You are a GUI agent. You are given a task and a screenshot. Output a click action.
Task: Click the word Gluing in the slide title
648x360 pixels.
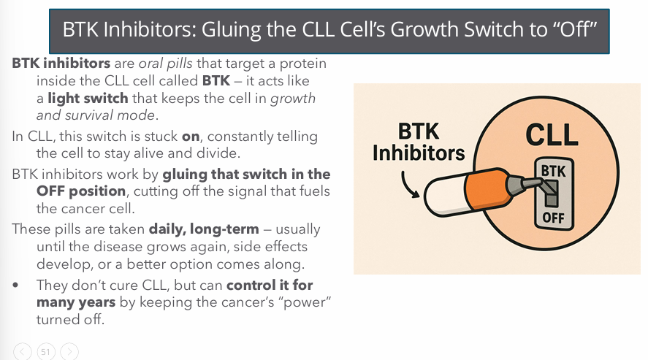click(x=227, y=31)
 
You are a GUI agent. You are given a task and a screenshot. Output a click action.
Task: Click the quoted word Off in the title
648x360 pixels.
click(x=575, y=29)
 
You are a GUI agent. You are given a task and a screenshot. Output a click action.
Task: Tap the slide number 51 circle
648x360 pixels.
click(x=45, y=352)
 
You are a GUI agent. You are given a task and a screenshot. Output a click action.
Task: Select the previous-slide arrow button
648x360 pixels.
click(x=23, y=352)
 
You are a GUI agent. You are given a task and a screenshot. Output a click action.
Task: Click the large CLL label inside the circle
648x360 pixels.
click(x=552, y=134)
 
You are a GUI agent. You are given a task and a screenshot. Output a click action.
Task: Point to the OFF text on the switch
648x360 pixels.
click(x=553, y=218)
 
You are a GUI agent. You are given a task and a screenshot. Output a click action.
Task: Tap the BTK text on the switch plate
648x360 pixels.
click(x=553, y=171)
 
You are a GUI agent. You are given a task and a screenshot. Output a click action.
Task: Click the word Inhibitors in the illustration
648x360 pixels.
click(x=419, y=153)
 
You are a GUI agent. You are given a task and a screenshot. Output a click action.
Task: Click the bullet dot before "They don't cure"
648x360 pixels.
click(x=15, y=285)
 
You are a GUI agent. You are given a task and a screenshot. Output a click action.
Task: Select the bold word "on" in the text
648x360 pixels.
click(x=191, y=137)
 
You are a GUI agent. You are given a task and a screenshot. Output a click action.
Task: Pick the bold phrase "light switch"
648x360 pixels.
click(x=88, y=99)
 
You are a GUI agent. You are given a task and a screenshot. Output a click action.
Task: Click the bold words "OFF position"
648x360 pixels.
click(x=81, y=191)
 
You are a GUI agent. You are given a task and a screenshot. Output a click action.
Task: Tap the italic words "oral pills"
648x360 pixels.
click(x=165, y=64)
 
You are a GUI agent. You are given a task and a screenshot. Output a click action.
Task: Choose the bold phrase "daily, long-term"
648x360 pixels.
click(x=204, y=229)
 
